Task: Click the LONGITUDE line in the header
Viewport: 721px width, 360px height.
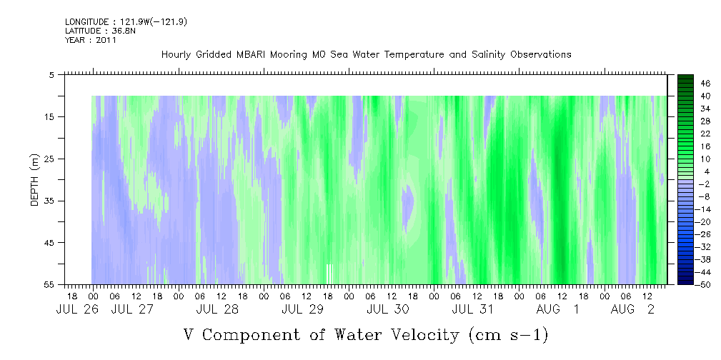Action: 126,21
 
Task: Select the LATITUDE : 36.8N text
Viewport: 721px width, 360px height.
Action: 100,31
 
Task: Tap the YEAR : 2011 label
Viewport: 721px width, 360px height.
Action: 91,40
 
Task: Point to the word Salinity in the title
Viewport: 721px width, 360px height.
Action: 487,55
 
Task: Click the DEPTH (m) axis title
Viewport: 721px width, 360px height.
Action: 35,180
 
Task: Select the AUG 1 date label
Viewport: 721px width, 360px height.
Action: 557,309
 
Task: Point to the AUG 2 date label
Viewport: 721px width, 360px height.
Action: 632,309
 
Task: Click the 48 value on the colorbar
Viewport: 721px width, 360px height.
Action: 705,84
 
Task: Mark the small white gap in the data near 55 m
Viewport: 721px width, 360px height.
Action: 329,274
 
